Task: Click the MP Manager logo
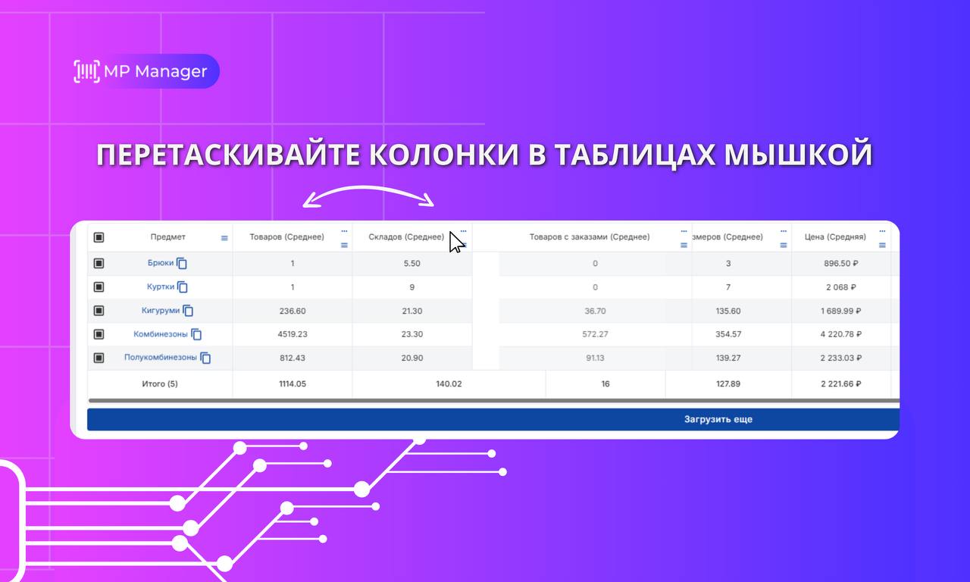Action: coord(145,71)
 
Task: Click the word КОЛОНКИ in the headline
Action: coord(444,155)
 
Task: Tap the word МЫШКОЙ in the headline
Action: coord(798,155)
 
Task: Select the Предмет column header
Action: coord(168,237)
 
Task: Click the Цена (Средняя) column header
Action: coord(835,237)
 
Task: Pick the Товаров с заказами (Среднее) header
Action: coord(590,237)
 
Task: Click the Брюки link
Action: coord(160,263)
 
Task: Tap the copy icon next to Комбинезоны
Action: coord(196,334)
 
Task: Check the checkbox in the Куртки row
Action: coord(99,286)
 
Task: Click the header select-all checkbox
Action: coord(99,237)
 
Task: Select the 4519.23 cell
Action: coord(293,334)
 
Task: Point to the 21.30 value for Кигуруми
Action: coord(411,311)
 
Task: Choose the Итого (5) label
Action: coord(160,383)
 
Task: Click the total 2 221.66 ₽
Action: coord(841,383)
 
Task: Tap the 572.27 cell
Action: coord(595,334)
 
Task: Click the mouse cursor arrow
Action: coord(455,242)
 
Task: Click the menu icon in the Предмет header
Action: coord(224,238)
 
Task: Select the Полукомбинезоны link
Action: coord(160,357)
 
